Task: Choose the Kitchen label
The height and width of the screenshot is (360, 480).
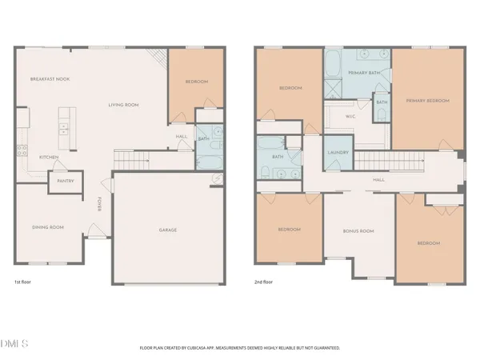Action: pos(50,157)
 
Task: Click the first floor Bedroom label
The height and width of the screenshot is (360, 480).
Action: pos(196,82)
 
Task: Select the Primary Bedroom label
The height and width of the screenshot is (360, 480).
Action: pos(427,101)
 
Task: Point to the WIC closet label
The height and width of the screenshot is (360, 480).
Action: pos(350,117)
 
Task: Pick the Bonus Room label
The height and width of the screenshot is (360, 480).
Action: pos(358,231)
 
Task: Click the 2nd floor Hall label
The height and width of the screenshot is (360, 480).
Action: pos(378,180)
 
